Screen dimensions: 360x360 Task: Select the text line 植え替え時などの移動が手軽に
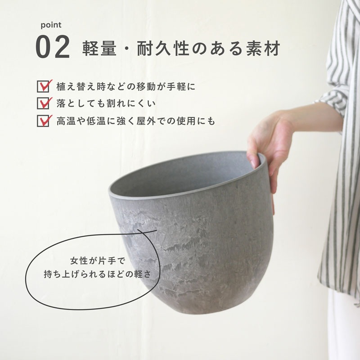tap(126, 86)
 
